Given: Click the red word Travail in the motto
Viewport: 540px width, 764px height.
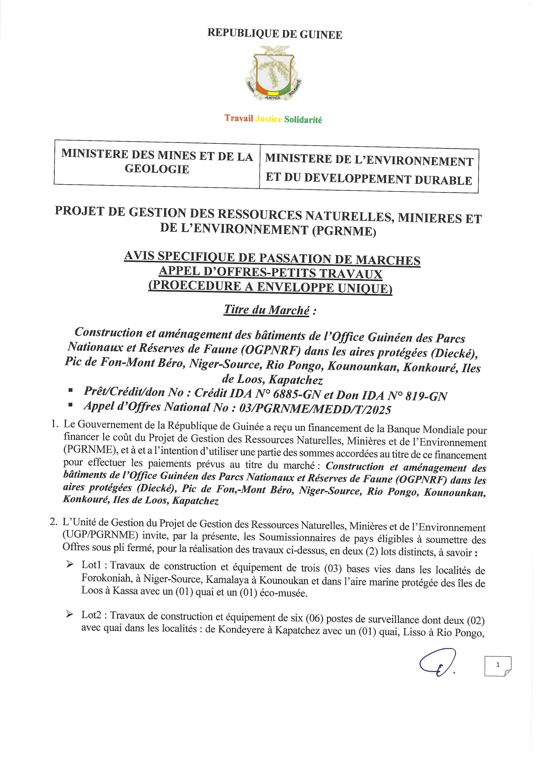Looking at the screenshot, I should (x=239, y=118).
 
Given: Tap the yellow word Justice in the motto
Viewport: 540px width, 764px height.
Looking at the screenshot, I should (x=268, y=118).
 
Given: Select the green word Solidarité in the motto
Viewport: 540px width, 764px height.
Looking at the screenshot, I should (x=303, y=119).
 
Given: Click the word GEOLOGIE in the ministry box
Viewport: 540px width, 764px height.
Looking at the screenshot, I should (x=157, y=169).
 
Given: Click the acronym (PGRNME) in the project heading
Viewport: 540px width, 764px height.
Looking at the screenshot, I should (x=344, y=230).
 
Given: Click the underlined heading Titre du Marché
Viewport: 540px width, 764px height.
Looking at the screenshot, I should (x=267, y=310).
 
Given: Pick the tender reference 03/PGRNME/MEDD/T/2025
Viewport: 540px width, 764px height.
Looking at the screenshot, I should (x=315, y=409).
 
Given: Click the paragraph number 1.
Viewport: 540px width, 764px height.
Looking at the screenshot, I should (x=54, y=424).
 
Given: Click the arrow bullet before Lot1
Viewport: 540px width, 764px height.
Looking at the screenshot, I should (x=70, y=565).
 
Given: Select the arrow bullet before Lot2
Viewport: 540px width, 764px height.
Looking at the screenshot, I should (x=70, y=614).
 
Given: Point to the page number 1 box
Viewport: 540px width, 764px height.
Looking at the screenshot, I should (x=498, y=666).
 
